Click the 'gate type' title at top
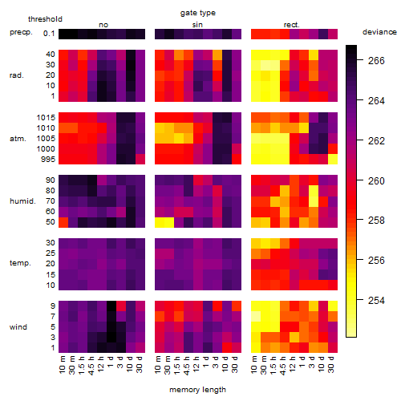[198, 13]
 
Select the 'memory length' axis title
[197, 390]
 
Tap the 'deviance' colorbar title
[379, 32]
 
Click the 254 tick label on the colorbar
[376, 301]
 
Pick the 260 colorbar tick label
[376, 181]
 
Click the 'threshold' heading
[45, 19]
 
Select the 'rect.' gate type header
[292, 25]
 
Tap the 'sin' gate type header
[197, 25]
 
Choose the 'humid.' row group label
[22, 201]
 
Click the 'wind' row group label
[18, 327]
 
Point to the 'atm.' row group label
[18, 139]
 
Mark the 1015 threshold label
[46, 118]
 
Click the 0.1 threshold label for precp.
[49, 34]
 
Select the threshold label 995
[48, 160]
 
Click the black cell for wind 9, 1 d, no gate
[111, 306]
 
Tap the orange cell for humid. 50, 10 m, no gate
[63, 222]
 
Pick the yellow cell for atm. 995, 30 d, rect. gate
[333, 160]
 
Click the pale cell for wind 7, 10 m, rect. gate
[256, 316]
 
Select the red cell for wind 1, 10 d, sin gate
[227, 347]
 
